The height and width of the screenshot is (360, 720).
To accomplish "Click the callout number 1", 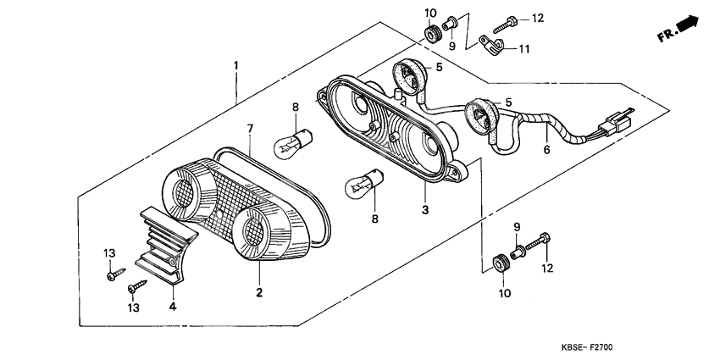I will pos(236,65).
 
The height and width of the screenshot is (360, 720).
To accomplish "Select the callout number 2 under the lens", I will pos(259,292).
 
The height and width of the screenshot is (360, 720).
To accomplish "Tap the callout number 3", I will pos(426,208).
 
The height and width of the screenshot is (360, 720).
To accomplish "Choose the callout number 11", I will pos(524,49).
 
